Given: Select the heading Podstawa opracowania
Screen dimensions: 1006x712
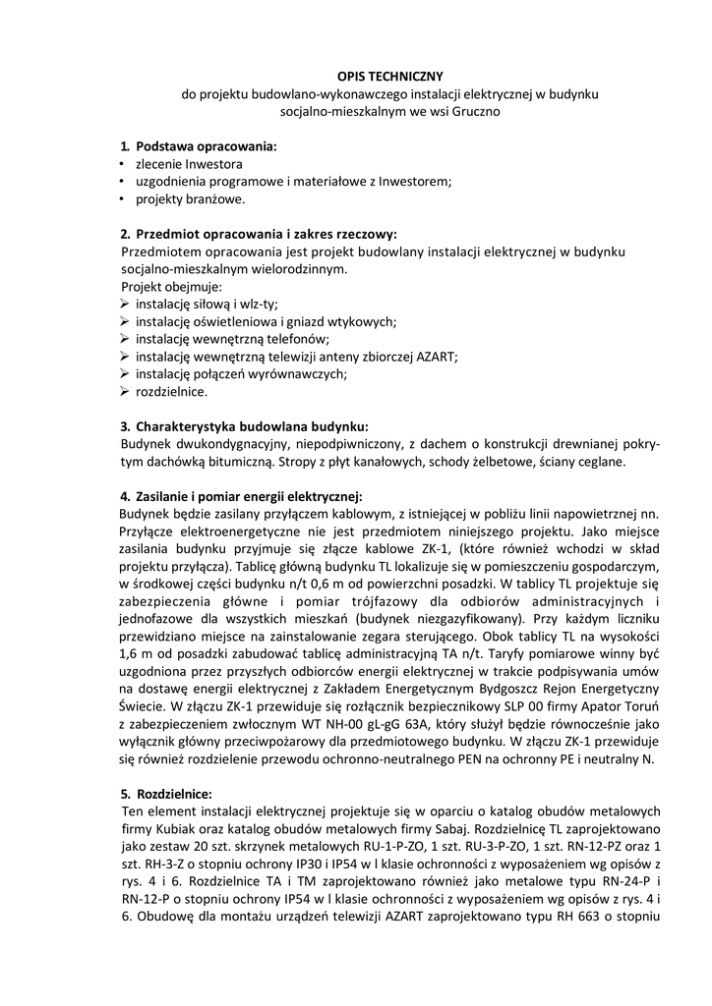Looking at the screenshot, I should (x=207, y=145).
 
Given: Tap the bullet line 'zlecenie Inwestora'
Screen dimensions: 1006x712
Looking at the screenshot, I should (x=189, y=163).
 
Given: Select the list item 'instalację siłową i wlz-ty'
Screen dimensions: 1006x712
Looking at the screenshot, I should (x=208, y=305).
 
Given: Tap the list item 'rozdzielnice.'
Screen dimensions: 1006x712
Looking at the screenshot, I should (x=172, y=391).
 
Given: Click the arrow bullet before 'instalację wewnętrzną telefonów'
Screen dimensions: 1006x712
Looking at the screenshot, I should (x=125, y=339).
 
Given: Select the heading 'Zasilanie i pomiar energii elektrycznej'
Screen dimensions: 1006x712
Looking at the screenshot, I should (x=250, y=496).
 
